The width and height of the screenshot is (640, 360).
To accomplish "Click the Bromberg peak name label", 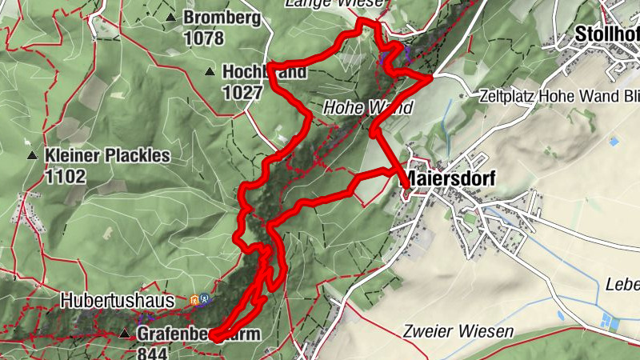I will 222,18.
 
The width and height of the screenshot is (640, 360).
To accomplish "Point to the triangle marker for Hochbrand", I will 209,72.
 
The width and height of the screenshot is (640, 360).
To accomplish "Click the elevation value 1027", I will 242,92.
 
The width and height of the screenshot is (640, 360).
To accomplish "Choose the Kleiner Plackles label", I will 108,155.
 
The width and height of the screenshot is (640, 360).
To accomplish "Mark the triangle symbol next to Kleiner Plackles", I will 32,155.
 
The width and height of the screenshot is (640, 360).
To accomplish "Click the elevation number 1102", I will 66,176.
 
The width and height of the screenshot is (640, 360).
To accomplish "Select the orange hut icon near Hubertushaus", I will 194,300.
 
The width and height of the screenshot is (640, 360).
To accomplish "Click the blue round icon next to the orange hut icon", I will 206,300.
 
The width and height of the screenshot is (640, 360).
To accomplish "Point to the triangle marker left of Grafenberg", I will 124,334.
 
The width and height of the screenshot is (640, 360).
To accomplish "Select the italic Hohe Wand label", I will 369,107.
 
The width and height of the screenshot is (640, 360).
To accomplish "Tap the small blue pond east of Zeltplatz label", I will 614,142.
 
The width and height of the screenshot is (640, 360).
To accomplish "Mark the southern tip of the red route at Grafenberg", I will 215,339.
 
